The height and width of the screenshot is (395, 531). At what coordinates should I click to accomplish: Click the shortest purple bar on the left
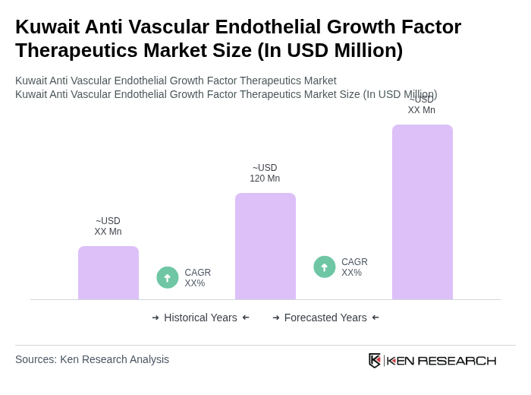(108, 273)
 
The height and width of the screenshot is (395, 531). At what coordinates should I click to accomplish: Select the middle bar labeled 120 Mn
(265, 246)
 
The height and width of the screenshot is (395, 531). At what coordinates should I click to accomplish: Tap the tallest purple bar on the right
(423, 212)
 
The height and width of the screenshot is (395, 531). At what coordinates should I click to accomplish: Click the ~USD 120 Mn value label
(265, 173)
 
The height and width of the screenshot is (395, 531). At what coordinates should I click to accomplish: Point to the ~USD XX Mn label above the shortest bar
(108, 226)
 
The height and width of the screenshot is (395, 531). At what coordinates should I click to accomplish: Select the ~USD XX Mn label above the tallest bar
(422, 105)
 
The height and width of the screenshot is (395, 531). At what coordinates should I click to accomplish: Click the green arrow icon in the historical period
(168, 277)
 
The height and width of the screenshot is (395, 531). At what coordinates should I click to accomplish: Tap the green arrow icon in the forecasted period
(325, 267)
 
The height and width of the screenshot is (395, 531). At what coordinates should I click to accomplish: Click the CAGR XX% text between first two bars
(197, 278)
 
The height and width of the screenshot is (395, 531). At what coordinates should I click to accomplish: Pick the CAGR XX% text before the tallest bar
(354, 267)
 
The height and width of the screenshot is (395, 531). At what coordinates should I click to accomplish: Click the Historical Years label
(200, 318)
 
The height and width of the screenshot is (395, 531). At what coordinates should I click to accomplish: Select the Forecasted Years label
(325, 318)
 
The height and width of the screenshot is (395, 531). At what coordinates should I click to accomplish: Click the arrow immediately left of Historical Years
(156, 318)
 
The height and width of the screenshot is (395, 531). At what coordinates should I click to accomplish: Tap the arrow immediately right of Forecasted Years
(375, 318)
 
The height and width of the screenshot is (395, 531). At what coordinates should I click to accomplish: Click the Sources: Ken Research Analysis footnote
(92, 359)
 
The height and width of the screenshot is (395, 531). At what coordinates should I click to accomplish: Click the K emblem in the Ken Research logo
(375, 360)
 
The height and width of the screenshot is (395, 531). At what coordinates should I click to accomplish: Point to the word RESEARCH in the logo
(457, 360)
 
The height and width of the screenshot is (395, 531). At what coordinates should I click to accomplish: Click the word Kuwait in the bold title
(47, 27)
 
